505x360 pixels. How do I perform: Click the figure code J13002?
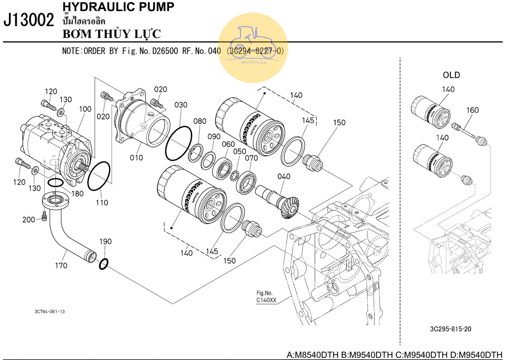[x=29, y=20]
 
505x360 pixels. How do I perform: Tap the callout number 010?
[x=136, y=157]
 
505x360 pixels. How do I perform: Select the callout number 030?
[x=181, y=105]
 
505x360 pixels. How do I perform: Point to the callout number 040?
[x=284, y=176]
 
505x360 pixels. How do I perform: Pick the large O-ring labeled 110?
[x=99, y=176]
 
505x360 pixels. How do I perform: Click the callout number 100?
[x=85, y=109]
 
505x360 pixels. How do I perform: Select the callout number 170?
[x=61, y=266]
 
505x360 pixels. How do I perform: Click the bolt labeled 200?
[x=44, y=216]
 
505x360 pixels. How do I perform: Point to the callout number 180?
[x=77, y=194]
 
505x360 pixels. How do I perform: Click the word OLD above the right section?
[x=451, y=75]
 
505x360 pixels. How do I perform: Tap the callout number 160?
[x=472, y=110]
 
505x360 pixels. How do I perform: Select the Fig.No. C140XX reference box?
[x=266, y=297]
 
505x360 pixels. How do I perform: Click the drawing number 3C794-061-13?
[x=50, y=312]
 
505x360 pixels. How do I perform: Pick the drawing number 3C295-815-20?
[x=451, y=329]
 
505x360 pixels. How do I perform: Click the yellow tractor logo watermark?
[x=254, y=47]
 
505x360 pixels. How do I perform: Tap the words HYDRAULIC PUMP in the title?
[x=118, y=7]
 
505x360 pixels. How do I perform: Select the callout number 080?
[x=200, y=121]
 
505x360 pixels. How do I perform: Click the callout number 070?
[x=251, y=158]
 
